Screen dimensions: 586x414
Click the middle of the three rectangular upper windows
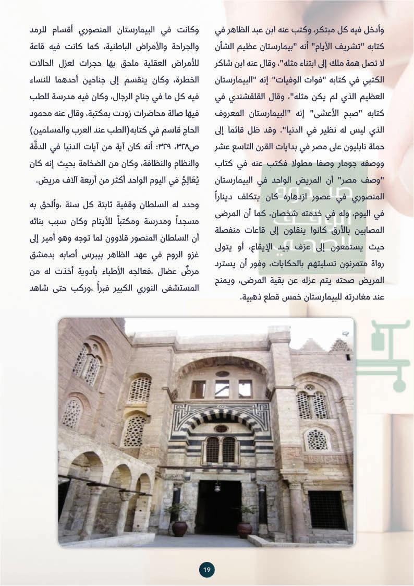pos(222,388)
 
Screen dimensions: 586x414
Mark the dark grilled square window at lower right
pos(326,509)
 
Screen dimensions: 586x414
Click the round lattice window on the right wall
pos(318,439)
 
